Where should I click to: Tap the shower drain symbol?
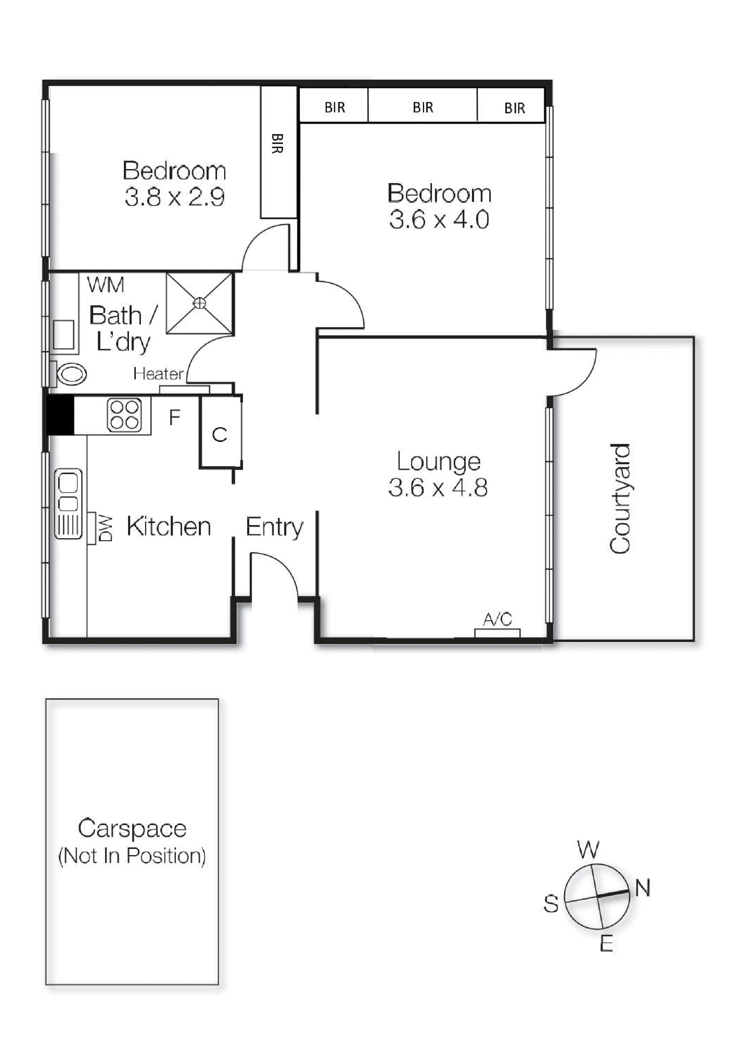click(x=200, y=303)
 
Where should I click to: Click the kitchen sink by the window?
click(x=68, y=503)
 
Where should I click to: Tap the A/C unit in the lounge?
click(x=497, y=632)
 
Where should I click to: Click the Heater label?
click(x=158, y=374)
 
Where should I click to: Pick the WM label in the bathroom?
click(x=105, y=285)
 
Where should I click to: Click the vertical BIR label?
click(x=277, y=143)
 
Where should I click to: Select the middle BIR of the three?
click(x=423, y=108)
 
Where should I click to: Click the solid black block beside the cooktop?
click(x=60, y=414)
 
